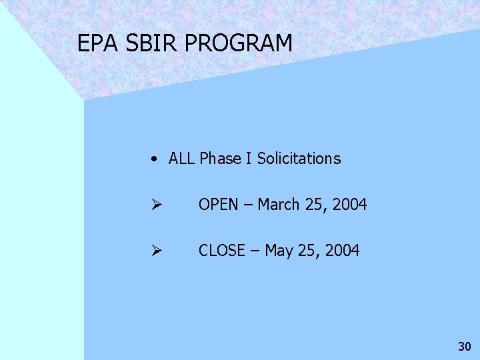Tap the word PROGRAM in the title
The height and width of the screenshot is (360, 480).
pos(239,43)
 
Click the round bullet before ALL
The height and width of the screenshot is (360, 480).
pos(154,159)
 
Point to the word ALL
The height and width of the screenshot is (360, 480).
pos(182,159)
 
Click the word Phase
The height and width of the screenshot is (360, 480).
pos(221,159)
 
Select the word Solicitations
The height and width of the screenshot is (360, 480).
pos(299,159)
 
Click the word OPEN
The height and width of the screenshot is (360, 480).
pos(219,205)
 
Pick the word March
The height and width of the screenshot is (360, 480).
pos(279,205)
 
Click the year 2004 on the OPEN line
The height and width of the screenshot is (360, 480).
pos(349,205)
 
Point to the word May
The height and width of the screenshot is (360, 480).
pos(279,251)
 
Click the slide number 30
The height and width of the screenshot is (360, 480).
pos(465,347)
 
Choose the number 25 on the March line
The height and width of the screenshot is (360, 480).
pos(313,205)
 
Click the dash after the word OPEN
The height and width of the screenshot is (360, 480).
pos(248,205)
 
